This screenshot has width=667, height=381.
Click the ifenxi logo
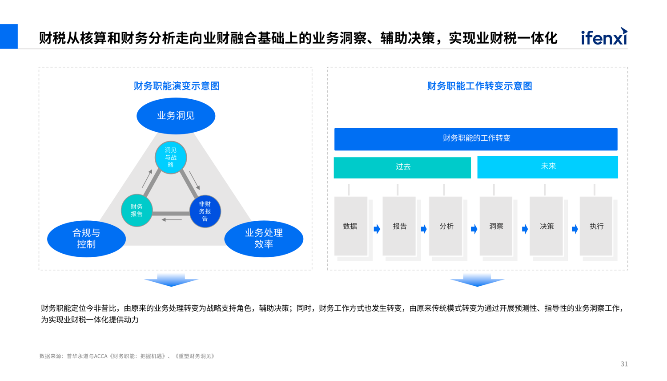click(x=604, y=36)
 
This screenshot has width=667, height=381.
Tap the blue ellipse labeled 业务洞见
click(x=176, y=116)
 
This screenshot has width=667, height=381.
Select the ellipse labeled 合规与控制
click(x=86, y=239)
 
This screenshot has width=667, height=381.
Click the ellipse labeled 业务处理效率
click(x=264, y=239)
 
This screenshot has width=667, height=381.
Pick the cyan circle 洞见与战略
click(x=171, y=158)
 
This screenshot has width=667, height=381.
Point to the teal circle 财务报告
click(x=137, y=211)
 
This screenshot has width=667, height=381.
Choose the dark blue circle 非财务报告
click(x=205, y=211)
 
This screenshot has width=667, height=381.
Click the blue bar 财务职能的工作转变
click(x=476, y=139)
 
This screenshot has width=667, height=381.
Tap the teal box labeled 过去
click(x=402, y=167)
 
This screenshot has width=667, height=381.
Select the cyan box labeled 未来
click(x=547, y=167)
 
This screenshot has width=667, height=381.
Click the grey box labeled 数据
click(x=350, y=226)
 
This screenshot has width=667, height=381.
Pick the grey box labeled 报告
click(x=399, y=226)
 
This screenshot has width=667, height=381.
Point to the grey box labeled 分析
click(x=446, y=226)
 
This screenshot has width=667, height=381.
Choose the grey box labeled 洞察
click(x=496, y=226)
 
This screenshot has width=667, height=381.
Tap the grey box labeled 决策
click(x=546, y=226)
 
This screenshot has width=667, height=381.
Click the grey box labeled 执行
click(x=596, y=226)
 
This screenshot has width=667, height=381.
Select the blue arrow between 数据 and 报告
click(x=377, y=229)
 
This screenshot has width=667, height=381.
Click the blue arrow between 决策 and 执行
click(x=575, y=229)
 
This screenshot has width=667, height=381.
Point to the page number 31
click(x=624, y=364)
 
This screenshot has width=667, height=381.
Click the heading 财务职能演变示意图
click(x=177, y=86)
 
